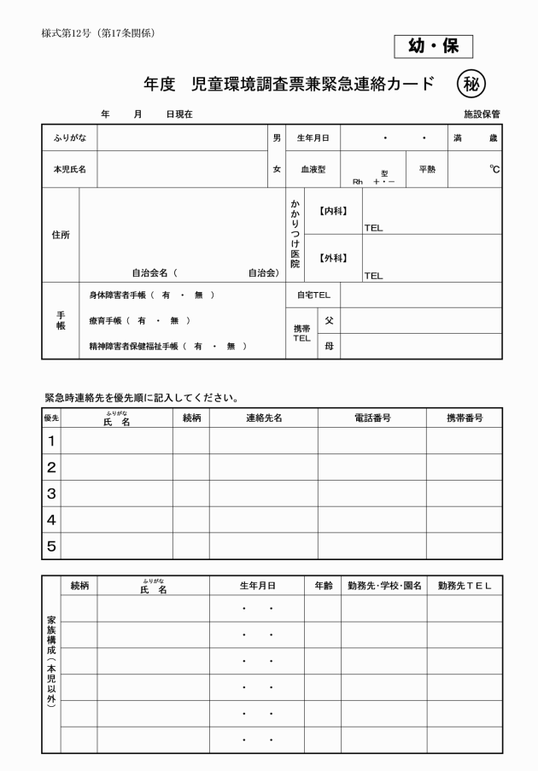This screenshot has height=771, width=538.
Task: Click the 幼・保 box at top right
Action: (x=433, y=46)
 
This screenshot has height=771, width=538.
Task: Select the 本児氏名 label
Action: (x=68, y=170)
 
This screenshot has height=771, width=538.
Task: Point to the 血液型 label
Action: (x=313, y=170)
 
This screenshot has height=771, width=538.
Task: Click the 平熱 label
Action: (x=426, y=169)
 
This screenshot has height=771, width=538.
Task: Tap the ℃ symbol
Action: (x=494, y=169)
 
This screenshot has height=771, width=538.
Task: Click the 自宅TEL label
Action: (x=313, y=295)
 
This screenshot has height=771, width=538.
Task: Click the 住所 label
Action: (x=60, y=235)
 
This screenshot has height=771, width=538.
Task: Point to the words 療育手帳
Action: (x=107, y=321)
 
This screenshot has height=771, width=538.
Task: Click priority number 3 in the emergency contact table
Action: (x=50, y=494)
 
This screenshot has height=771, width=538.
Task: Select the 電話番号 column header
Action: (x=371, y=418)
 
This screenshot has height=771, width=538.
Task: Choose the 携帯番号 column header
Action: (x=465, y=418)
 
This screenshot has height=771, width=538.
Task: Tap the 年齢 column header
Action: (x=322, y=586)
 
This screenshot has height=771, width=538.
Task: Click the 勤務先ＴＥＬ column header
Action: (x=465, y=586)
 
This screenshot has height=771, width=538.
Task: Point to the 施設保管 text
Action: (x=482, y=114)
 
